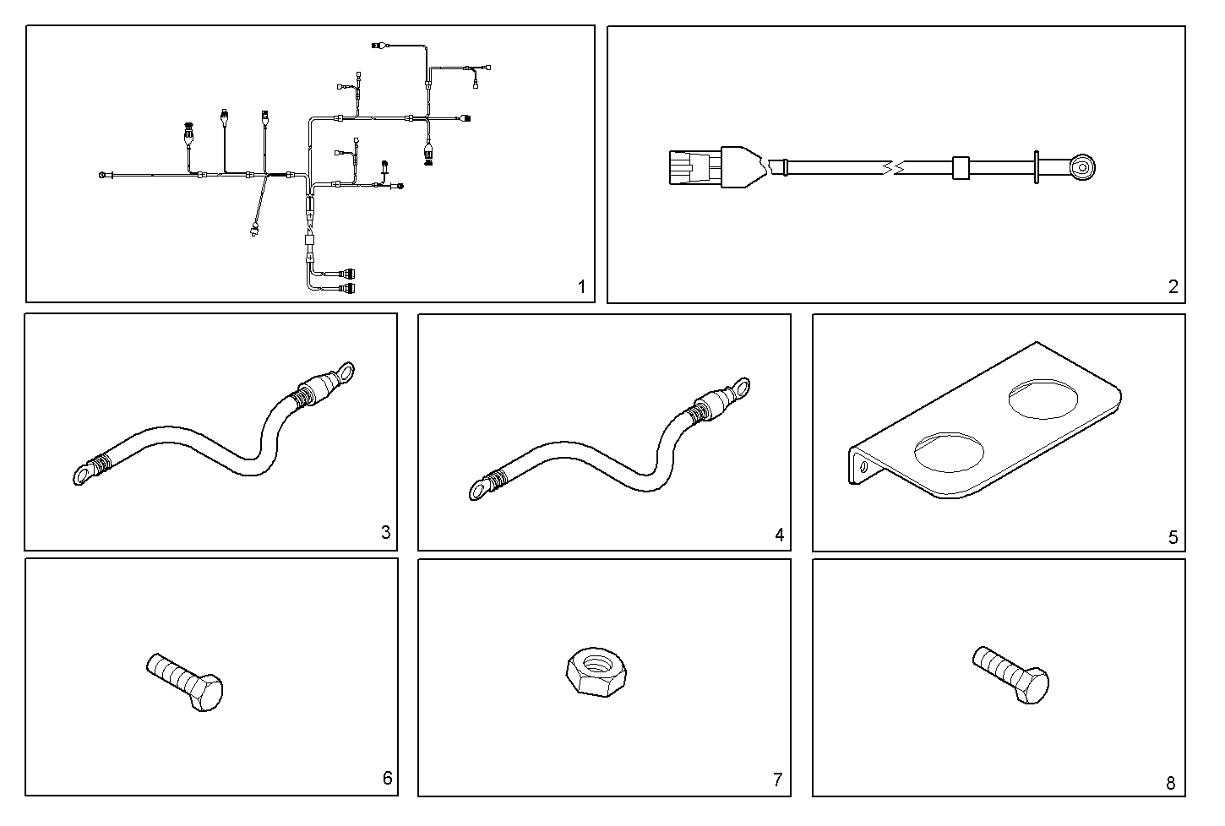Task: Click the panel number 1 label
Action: (581, 287)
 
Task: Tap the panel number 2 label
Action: (1173, 287)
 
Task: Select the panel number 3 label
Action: (385, 532)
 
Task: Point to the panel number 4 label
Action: (779, 535)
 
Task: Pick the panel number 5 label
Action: (1173, 537)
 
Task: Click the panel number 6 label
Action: (387, 778)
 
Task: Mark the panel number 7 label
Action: (778, 780)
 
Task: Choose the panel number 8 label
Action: (1170, 783)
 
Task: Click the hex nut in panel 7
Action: (592, 671)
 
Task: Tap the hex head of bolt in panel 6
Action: (205, 693)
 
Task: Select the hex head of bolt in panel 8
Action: (1032, 686)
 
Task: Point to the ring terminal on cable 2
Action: (1081, 167)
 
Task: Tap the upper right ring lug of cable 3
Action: (343, 373)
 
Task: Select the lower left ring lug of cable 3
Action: (84, 474)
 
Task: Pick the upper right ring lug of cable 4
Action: (739, 388)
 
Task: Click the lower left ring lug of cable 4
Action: (479, 488)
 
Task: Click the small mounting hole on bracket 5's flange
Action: (863, 465)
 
